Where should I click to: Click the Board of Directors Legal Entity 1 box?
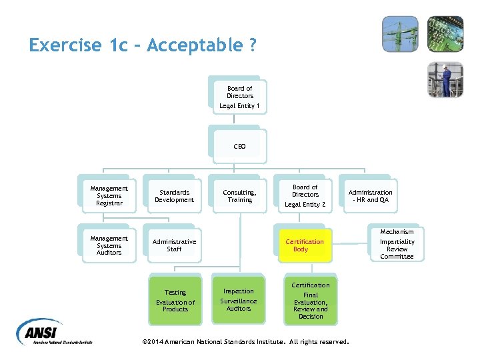point(239,97)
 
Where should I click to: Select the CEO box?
point(239,146)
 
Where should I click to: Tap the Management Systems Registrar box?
point(109,196)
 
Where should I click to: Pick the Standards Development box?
point(174,196)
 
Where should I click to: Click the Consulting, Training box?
point(240,196)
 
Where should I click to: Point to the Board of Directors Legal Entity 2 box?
point(305,195)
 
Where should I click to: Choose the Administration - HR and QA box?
point(371,196)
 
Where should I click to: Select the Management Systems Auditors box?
point(109,245)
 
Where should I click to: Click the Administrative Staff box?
point(174,245)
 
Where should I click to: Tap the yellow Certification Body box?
point(305,245)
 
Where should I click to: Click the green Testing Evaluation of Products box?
point(175,301)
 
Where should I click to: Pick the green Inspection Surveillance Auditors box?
point(239,300)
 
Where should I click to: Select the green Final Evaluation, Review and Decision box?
point(311,301)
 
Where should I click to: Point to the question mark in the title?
point(253,46)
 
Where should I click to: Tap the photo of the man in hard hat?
point(445,80)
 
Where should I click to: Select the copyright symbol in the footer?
point(146,342)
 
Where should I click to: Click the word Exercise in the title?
point(65,46)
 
